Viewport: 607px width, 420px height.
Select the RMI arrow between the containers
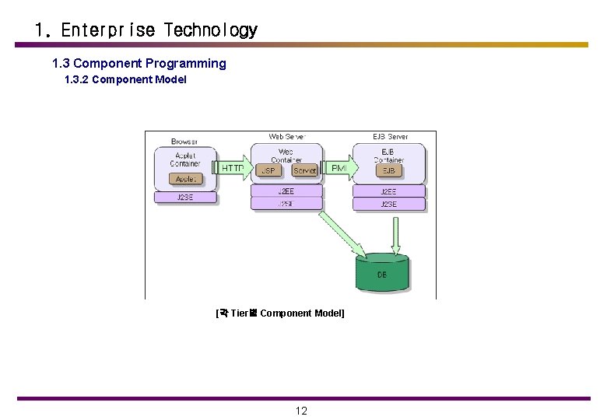click(x=339, y=168)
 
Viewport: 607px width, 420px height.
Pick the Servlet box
click(x=304, y=170)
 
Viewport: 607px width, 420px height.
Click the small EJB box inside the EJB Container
click(x=388, y=170)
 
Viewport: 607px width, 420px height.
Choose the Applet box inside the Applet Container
click(x=185, y=179)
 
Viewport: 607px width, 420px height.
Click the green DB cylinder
click(x=382, y=272)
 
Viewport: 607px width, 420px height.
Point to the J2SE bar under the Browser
click(x=184, y=197)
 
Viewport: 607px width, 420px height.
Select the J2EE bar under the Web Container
click(x=286, y=191)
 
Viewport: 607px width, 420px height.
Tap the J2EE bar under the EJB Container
click(x=388, y=191)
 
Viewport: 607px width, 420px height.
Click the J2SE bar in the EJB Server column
click(x=388, y=204)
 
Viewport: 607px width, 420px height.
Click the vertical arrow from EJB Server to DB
click(x=396, y=235)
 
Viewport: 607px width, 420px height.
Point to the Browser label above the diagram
click(x=184, y=142)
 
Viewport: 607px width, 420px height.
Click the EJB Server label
click(x=390, y=137)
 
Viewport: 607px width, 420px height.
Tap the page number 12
click(x=301, y=411)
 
